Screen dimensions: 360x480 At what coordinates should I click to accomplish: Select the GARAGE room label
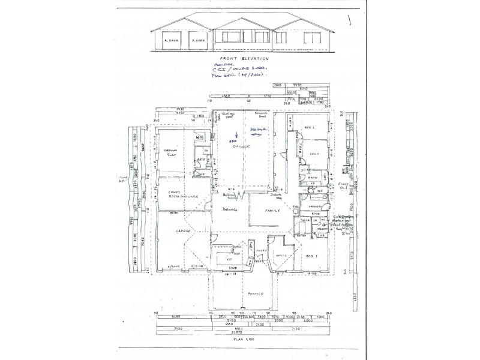183,230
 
